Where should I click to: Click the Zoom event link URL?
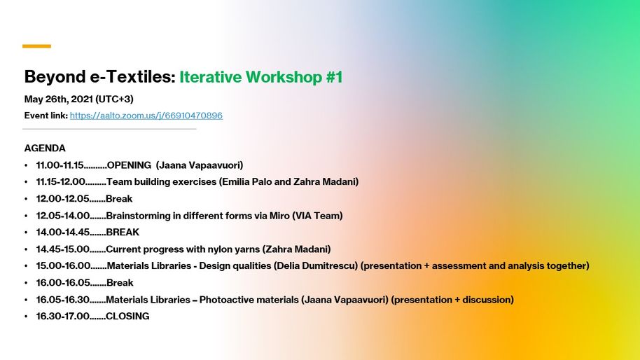[146, 116]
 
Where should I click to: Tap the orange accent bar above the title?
[36, 46]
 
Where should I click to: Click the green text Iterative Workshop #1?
[260, 77]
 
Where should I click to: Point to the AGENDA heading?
[45, 148]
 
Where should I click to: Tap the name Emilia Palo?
[246, 182]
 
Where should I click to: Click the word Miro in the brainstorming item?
[281, 216]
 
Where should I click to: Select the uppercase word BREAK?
[123, 233]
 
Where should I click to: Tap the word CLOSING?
[127, 317]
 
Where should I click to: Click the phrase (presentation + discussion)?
[452, 300]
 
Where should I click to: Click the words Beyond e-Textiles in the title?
[99, 77]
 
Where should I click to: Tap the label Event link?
[46, 116]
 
